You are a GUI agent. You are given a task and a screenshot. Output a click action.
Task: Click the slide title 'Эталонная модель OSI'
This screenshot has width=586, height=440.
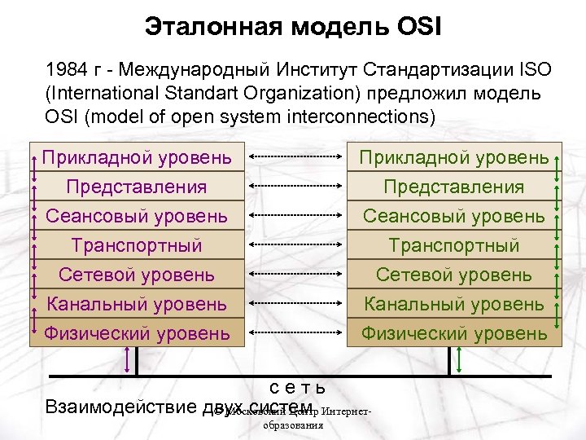coord(293,27)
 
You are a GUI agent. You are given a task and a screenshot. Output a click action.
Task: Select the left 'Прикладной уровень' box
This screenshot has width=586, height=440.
coord(137,156)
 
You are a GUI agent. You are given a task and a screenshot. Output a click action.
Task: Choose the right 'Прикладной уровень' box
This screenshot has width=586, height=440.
coord(454,156)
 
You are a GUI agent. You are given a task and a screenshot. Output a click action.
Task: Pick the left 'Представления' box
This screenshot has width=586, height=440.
coord(137,187)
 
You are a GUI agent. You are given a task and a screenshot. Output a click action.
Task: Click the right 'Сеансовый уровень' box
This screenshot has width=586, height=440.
coord(454,216)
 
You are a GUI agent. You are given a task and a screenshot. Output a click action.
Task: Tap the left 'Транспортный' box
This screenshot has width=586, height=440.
coord(137,245)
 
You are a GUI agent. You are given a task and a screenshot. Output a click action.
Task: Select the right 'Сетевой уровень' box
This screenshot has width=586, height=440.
coord(454,275)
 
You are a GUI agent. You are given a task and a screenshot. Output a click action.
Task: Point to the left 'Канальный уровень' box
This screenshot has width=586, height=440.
coord(137,304)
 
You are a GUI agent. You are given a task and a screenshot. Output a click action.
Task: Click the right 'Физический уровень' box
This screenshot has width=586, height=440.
coord(454,332)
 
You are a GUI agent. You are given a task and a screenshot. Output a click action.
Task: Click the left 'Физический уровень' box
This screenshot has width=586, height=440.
coord(137,332)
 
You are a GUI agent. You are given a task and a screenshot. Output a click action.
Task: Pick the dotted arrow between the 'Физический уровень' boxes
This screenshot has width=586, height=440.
coord(295,332)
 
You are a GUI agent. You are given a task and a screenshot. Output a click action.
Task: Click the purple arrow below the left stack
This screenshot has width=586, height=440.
coord(125,360)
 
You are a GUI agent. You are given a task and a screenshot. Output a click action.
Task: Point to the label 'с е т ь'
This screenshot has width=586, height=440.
coord(298,387)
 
